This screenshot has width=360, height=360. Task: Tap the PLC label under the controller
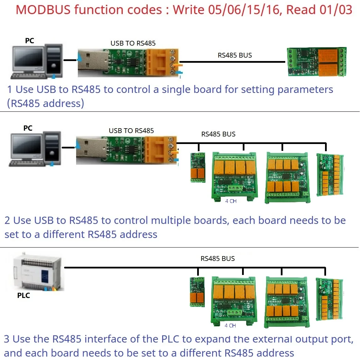coord(23,295)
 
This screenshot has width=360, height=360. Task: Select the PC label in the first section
coord(29,40)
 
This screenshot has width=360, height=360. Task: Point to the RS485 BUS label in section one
coord(235,55)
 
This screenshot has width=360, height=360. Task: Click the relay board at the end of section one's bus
coord(317,62)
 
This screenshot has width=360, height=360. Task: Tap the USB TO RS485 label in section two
coord(131,131)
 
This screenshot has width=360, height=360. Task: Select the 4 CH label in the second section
coord(231,201)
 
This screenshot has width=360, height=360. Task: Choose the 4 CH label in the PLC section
coord(230,325)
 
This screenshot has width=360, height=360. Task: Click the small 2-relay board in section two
coord(198,167)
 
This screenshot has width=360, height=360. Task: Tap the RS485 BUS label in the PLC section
coord(218,259)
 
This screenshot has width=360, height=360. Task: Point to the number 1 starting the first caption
coord(10,89)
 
